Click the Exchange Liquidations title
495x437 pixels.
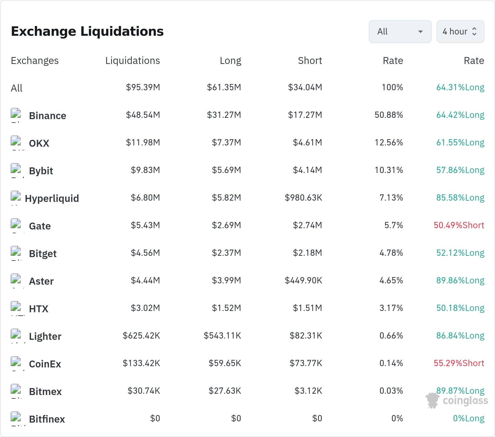coord(87,31)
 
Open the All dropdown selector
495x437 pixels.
coord(400,31)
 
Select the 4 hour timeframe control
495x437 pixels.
coord(460,31)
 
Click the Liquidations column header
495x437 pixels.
coord(133,61)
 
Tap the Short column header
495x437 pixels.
coord(310,61)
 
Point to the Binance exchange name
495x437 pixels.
coord(47,116)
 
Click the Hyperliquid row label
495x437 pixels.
coord(52,198)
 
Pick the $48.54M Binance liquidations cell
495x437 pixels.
coord(143,115)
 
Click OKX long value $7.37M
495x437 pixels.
coord(226,142)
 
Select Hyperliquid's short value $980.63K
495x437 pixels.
coord(303,197)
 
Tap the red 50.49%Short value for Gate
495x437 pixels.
coord(459,225)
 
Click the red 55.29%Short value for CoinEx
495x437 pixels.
coord(459,363)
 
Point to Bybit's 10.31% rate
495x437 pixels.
coord(389,170)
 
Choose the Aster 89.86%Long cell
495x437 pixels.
coord(460,280)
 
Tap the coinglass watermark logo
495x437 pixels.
coord(457,400)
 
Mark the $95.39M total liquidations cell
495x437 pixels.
coord(143,87)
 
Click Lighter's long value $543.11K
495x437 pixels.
coord(222,335)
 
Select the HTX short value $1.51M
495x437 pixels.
coord(307,308)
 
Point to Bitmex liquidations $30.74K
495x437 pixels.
coord(144,391)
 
